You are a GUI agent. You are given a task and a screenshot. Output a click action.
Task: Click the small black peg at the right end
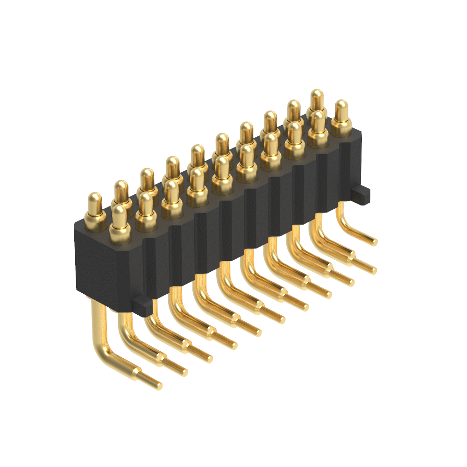pyautogui.click(x=361, y=194)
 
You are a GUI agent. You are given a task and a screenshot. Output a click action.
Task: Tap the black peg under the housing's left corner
pyautogui.click(x=142, y=306)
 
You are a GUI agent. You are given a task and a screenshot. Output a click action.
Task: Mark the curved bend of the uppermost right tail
pyautogui.click(x=345, y=223)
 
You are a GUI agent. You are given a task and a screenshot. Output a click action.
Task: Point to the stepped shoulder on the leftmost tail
pyautogui.click(x=137, y=373)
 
